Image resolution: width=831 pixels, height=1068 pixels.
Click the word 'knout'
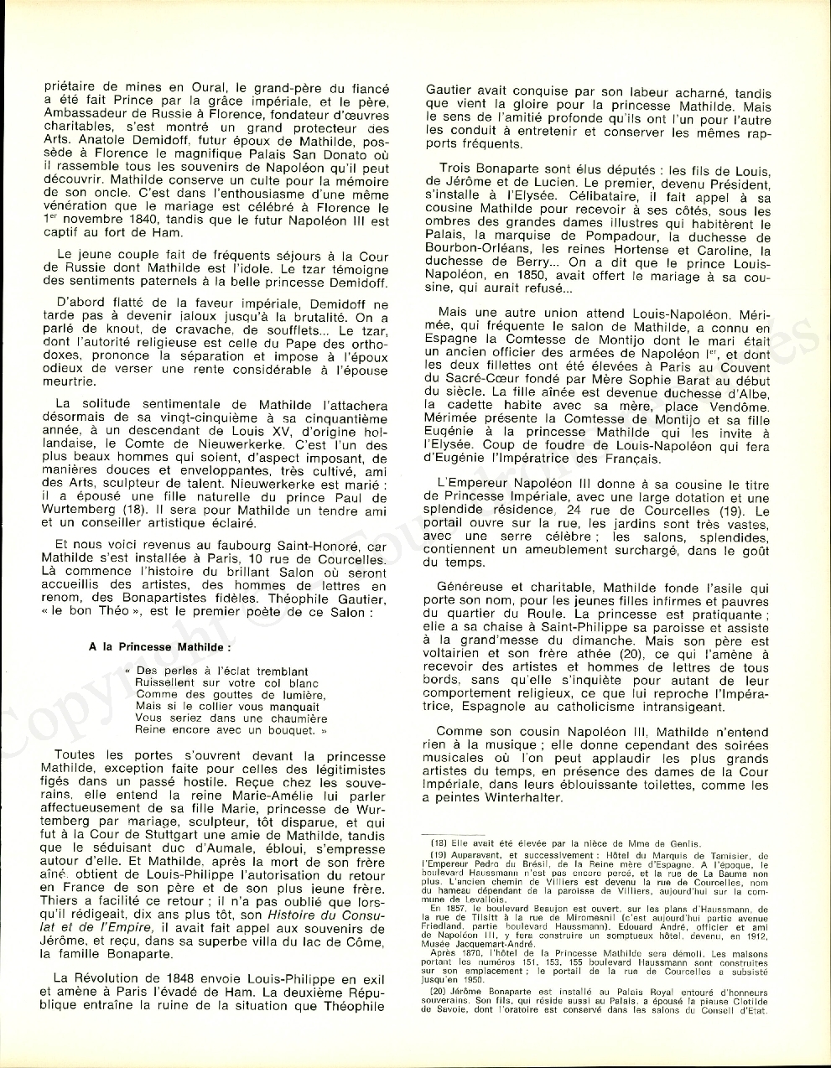tap(106, 330)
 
